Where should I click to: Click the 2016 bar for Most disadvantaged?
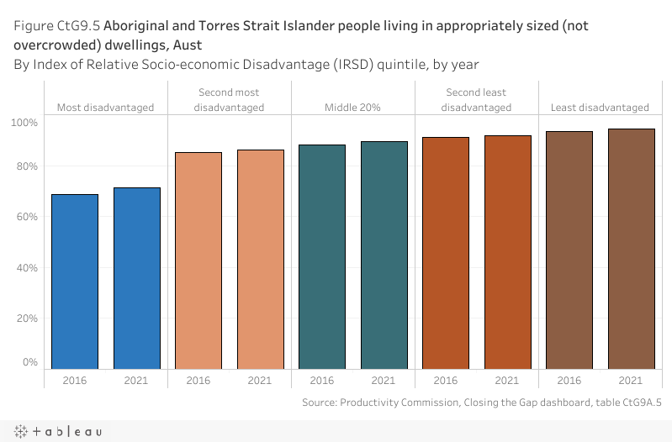[x=75, y=281]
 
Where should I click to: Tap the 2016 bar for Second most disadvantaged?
[x=198, y=260]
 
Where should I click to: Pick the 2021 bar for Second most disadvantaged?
[x=260, y=259]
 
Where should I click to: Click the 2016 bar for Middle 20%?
[x=322, y=256]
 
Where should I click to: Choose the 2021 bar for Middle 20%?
[x=384, y=255]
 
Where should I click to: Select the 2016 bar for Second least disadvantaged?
[x=446, y=252]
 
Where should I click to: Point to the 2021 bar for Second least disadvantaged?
[x=507, y=251]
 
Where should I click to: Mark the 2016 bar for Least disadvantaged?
[x=569, y=250]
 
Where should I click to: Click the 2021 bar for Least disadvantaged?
[x=631, y=248]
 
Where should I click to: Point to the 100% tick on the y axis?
[x=24, y=123]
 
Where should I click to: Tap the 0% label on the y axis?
[x=29, y=362]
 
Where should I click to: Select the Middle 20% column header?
[x=352, y=108]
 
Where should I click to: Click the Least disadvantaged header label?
[x=600, y=108]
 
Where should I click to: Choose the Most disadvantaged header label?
[x=105, y=108]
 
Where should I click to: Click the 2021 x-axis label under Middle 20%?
[x=384, y=380]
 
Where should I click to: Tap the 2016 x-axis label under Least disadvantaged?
[x=569, y=380]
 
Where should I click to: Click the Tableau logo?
[x=58, y=431]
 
